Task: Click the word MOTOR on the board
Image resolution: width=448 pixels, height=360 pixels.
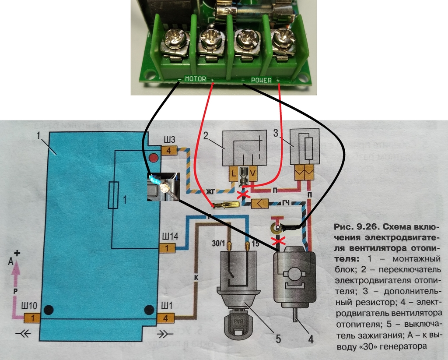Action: [196, 79]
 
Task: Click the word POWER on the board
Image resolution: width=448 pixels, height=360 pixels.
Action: [261, 80]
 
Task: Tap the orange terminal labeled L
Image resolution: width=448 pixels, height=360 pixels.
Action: [234, 173]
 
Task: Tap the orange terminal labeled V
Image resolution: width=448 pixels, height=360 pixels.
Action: [252, 173]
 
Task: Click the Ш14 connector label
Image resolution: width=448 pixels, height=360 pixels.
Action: [170, 236]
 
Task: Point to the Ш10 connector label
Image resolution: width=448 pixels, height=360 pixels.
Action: [29, 306]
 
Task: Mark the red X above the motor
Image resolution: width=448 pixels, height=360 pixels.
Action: [276, 241]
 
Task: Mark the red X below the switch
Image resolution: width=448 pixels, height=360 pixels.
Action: [243, 195]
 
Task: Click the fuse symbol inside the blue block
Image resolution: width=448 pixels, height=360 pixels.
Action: [113, 195]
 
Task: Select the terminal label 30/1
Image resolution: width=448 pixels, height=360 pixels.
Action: [219, 244]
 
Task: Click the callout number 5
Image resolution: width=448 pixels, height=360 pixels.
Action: [278, 339]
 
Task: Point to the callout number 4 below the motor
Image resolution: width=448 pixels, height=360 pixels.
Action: [311, 339]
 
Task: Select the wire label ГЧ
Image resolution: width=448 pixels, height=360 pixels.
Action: [286, 203]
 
